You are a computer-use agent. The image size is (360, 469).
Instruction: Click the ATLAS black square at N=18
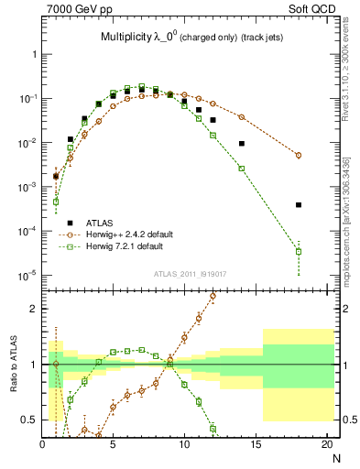pyautogui.click(x=299, y=205)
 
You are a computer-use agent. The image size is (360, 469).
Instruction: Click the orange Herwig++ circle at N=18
pyautogui.click(x=299, y=155)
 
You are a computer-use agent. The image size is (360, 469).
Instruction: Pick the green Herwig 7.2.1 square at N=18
pyautogui.click(x=299, y=250)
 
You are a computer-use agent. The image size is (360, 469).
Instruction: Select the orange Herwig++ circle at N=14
pyautogui.click(x=242, y=117)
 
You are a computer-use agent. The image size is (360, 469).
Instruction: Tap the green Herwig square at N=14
pyautogui.click(x=242, y=169)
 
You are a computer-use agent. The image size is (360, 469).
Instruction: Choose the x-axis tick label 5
pyautogui.click(x=113, y=444)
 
